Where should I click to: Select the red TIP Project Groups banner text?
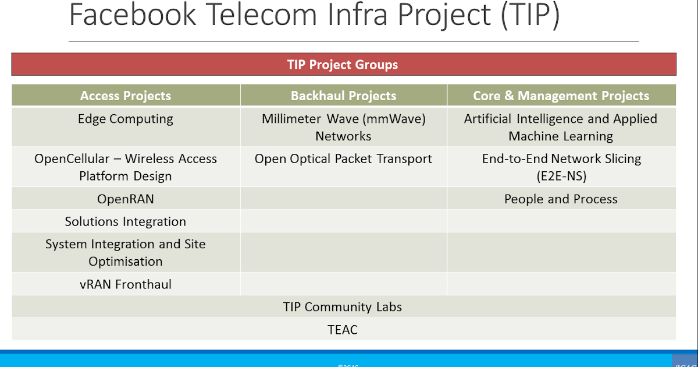[343, 65]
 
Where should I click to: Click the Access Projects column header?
[126, 96]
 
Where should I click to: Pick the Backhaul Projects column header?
[343, 96]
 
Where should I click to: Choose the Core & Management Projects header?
[561, 96]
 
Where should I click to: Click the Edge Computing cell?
[126, 119]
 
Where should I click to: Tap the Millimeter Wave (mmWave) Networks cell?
[343, 127]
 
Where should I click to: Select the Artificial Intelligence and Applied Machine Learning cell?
[561, 127]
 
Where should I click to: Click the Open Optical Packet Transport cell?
[343, 158]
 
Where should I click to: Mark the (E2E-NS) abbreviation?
[561, 176]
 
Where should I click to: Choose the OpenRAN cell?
[126, 199]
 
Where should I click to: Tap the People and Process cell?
[561, 199]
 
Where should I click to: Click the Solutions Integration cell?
[126, 221]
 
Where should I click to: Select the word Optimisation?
[126, 262]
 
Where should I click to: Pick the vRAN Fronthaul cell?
[126, 284]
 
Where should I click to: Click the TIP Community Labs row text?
[343, 307]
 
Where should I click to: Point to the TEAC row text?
[343, 330]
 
